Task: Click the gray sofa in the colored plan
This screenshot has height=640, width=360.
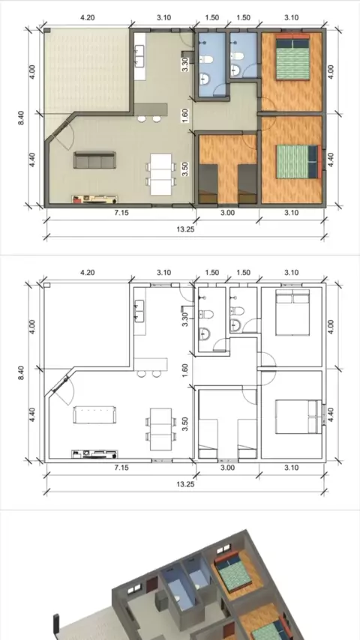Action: (94, 160)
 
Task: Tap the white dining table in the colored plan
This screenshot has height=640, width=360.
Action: (161, 175)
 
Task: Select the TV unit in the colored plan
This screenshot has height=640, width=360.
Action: (94, 199)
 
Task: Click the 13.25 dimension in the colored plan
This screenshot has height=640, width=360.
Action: (185, 229)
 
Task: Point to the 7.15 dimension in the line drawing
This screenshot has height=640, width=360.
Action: (121, 468)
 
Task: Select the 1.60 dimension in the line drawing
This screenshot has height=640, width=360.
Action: (185, 370)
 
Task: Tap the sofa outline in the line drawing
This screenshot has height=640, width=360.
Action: (94, 414)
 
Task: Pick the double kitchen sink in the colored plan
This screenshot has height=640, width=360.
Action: (139, 56)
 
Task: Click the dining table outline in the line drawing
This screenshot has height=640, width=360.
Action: (161, 429)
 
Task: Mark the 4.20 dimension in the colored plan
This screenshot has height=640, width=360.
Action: (88, 17)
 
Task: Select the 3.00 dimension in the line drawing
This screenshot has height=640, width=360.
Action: (227, 468)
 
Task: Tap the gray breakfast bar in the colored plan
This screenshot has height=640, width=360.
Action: (151, 109)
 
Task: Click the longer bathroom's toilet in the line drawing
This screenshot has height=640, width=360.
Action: (206, 314)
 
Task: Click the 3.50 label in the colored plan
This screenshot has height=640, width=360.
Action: (185, 169)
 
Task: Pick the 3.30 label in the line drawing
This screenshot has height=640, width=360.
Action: (185, 319)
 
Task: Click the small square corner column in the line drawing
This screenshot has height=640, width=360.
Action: (46, 285)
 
